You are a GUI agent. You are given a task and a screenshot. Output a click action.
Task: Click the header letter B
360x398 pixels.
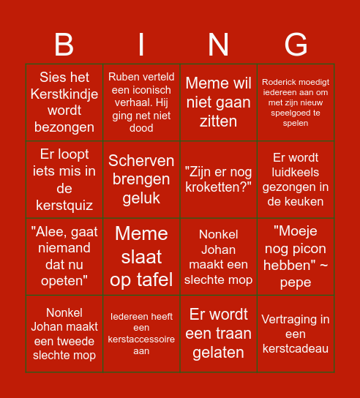pos(64,45)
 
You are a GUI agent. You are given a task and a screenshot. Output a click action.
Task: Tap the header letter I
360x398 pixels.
pos(141,45)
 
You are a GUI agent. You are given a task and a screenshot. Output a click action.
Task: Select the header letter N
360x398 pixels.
pos(219,45)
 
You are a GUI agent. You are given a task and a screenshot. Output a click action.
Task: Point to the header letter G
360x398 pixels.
pos(296,45)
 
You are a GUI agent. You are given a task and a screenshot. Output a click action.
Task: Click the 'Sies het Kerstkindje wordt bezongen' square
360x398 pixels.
pos(64,102)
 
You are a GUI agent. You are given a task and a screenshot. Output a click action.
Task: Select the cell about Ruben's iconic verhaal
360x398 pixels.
pos(141,102)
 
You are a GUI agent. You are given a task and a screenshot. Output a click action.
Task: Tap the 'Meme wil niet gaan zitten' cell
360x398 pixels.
pos(219,102)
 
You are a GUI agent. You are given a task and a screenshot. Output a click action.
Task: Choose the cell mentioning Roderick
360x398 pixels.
pos(296,102)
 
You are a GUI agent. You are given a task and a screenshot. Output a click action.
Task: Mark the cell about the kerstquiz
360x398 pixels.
pos(64,180)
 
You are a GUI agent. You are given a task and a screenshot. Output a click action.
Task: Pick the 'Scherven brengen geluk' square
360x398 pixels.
pos(141,180)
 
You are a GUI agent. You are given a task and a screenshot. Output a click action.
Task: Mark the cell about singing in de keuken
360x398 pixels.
pos(296,180)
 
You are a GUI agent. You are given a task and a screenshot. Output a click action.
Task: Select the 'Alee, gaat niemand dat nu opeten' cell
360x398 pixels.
pos(64,257)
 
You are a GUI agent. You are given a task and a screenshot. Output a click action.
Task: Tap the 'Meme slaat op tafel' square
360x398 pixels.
pos(141,257)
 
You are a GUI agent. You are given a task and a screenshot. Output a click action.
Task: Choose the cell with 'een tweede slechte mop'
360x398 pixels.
pos(64,334)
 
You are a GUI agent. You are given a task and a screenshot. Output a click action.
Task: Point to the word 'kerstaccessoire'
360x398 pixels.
pos(141,339)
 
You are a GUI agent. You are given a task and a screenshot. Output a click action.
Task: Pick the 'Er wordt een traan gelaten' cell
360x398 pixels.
pos(219,334)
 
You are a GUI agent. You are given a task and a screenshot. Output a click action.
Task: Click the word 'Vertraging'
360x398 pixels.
pos(296,319)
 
